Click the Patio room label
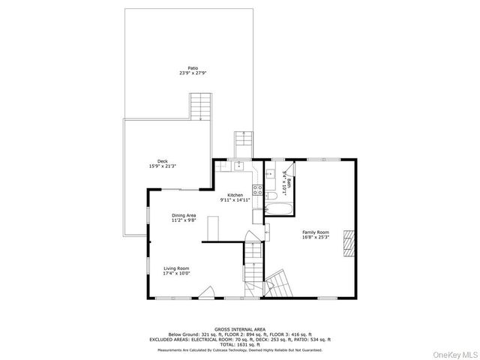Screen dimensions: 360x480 pos(193,68)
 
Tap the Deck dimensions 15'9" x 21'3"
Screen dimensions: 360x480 pos(163,166)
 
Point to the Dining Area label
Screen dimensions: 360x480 pos(184,215)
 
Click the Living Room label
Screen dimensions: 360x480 pos(177,268)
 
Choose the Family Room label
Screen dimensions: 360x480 pos(315,232)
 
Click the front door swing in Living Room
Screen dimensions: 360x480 pos(212,292)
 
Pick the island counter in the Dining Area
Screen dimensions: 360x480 pos(213,228)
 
